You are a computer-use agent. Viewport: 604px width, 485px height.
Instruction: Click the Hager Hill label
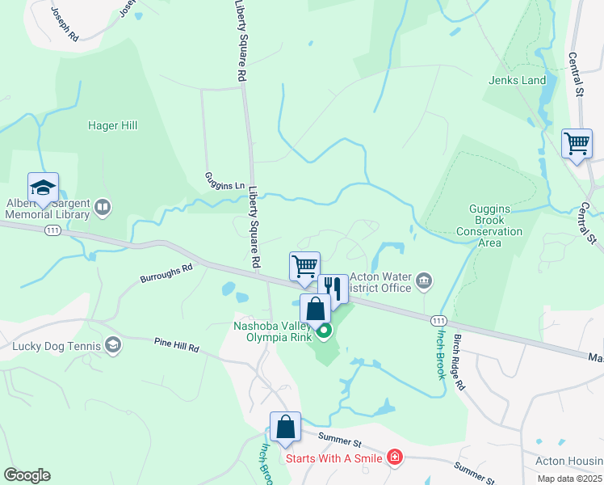pos(112,125)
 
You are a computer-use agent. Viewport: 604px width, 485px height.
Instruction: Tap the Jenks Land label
pos(517,80)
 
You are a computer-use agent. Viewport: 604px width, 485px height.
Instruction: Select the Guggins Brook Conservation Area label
pos(496,220)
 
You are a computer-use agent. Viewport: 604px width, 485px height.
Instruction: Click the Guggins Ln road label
pos(224,185)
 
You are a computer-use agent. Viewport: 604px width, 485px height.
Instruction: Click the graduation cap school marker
pos(43,188)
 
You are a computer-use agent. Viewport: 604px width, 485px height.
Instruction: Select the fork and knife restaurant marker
pos(333,287)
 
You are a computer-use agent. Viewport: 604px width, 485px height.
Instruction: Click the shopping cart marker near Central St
pos(577,144)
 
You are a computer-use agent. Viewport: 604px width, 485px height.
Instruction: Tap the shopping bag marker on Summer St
pos(285,428)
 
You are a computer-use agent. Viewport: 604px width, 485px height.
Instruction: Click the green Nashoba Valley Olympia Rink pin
pos(324,331)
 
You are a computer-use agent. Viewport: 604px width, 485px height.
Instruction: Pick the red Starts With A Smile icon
pos(394,458)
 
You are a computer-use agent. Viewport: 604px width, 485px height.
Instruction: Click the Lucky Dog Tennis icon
pos(113,346)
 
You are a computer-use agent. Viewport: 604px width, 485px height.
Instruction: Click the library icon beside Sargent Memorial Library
pos(103,208)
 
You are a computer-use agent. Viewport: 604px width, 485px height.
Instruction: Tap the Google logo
pos(27,475)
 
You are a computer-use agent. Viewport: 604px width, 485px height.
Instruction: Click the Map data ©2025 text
pos(568,479)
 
